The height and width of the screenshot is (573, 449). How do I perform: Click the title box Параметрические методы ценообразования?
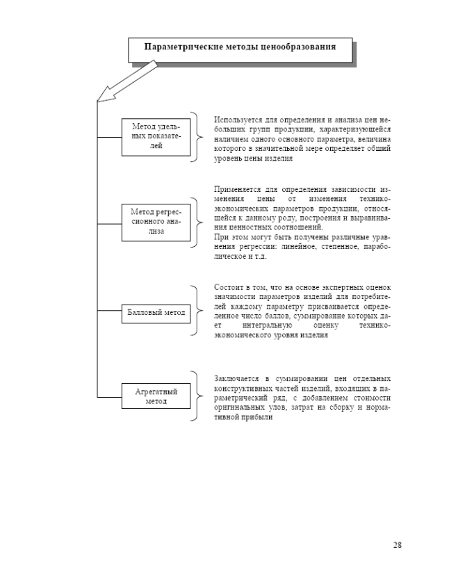(240, 49)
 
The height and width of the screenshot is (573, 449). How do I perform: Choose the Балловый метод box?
(156, 313)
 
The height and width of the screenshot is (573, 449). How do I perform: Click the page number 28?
(397, 544)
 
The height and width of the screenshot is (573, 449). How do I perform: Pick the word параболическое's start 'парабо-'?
(375, 247)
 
